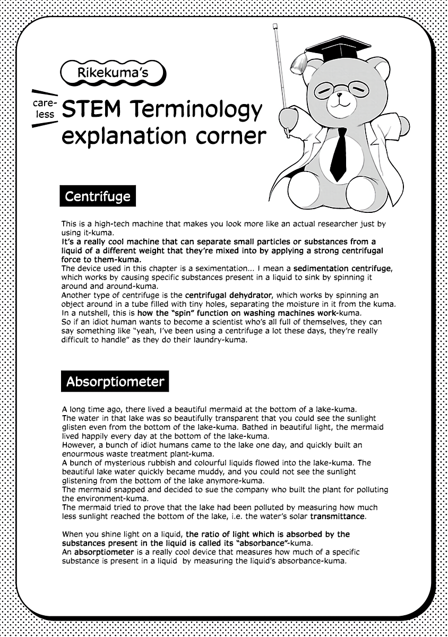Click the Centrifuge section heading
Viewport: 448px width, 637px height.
click(x=97, y=196)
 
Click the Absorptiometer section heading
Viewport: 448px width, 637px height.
click(x=115, y=382)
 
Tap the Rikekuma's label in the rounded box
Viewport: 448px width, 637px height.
click(x=113, y=73)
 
